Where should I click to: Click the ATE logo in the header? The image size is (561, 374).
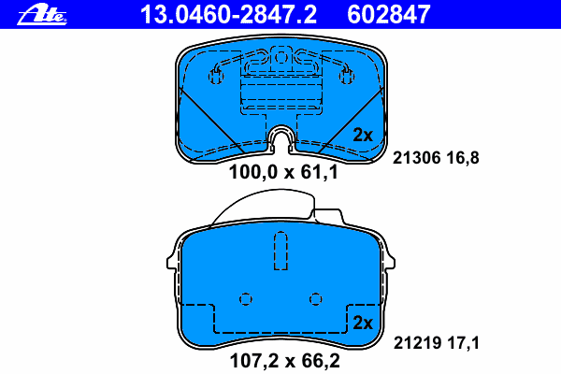pyautogui.click(x=42, y=15)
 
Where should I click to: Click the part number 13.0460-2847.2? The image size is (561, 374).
pyautogui.click(x=228, y=15)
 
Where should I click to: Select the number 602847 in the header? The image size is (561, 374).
pyautogui.click(x=388, y=15)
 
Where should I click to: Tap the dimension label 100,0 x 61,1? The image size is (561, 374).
pyautogui.click(x=283, y=172)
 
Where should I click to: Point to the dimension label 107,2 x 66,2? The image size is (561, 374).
pyautogui.click(x=285, y=361)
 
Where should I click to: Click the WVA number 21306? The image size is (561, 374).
pyautogui.click(x=416, y=158)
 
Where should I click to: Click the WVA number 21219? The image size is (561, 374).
pyautogui.click(x=417, y=343)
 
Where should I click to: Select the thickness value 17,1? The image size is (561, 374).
pyautogui.click(x=463, y=343)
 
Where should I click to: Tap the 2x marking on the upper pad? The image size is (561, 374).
pyautogui.click(x=363, y=135)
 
